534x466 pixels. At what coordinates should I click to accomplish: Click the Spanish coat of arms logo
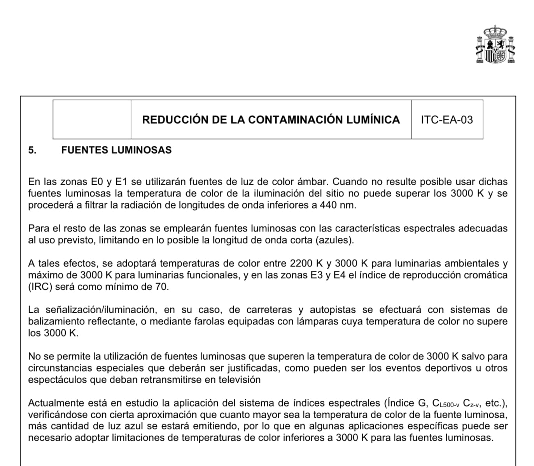coord(495,45)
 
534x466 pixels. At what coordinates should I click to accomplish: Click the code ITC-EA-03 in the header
coord(447,119)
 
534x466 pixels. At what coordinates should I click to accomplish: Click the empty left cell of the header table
coord(92,119)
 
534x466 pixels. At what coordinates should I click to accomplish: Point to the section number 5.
coord(32,150)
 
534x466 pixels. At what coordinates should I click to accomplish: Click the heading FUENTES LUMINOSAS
coord(116,150)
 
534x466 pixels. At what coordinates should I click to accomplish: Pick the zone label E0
coord(96,182)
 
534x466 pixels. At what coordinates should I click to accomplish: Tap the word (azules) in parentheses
coord(335,240)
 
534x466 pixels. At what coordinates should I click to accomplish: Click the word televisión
coord(239,380)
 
